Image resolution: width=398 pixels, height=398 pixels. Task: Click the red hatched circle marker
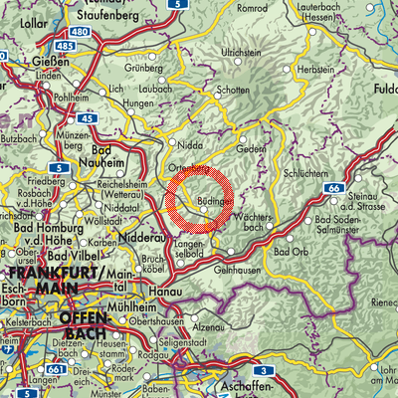(x=203, y=199)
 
